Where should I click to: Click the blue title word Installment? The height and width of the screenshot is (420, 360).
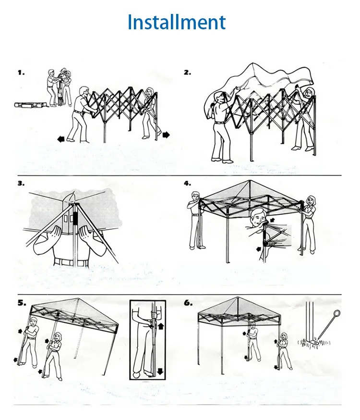click(176, 22)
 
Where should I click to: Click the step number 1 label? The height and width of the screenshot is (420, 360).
click(21, 73)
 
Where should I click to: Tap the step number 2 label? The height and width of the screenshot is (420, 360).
click(187, 73)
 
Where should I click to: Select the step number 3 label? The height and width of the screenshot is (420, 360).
click(21, 183)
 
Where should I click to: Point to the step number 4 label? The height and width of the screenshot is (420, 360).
click(187, 183)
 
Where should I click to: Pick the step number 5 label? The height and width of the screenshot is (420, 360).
click(21, 303)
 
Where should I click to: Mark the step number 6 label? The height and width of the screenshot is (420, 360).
click(187, 303)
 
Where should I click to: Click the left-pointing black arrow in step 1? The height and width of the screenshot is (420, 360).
click(60, 139)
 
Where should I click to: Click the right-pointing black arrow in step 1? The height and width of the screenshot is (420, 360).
click(166, 135)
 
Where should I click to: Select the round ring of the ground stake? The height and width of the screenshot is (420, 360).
click(336, 314)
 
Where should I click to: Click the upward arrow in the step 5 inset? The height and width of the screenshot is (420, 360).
click(159, 326)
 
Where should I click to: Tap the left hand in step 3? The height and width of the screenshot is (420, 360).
click(49, 236)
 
